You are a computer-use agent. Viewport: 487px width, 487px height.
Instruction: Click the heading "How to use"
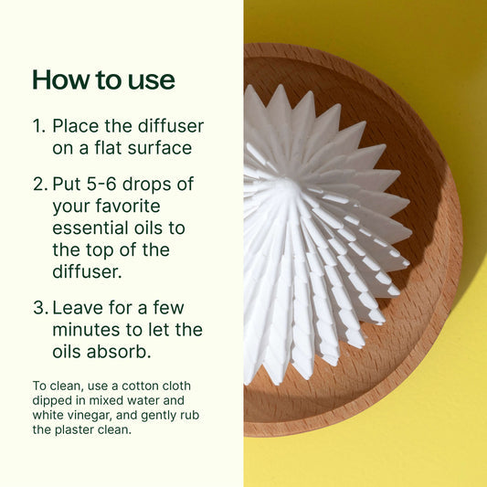pos(103,79)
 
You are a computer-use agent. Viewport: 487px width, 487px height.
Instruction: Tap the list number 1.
pos(38,125)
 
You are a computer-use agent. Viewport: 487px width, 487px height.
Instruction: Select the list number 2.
pos(38,184)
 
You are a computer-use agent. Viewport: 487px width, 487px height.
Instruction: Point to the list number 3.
pos(38,308)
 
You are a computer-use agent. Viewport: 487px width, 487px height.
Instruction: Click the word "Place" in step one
pos(76,125)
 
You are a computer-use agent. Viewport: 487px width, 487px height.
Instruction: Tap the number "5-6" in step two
pos(109,184)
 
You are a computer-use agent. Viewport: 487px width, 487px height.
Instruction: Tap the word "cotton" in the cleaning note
pos(134,386)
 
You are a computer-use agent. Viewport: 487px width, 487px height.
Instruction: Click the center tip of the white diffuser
pos(286,187)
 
